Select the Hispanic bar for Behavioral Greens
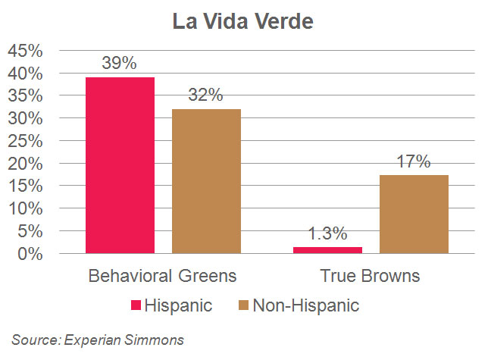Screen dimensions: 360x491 point(120,164)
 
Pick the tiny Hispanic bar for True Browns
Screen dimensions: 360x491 point(328,249)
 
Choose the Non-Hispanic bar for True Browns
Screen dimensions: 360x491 point(414,214)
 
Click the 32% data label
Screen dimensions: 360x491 point(206,95)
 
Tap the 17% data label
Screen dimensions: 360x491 point(414,162)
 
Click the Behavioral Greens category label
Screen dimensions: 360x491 point(164,274)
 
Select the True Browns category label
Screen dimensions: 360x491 point(371,274)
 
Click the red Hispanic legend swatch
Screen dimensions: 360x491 point(136,305)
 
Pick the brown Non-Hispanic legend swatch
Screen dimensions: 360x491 point(244,305)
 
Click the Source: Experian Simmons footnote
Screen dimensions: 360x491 point(98,340)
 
